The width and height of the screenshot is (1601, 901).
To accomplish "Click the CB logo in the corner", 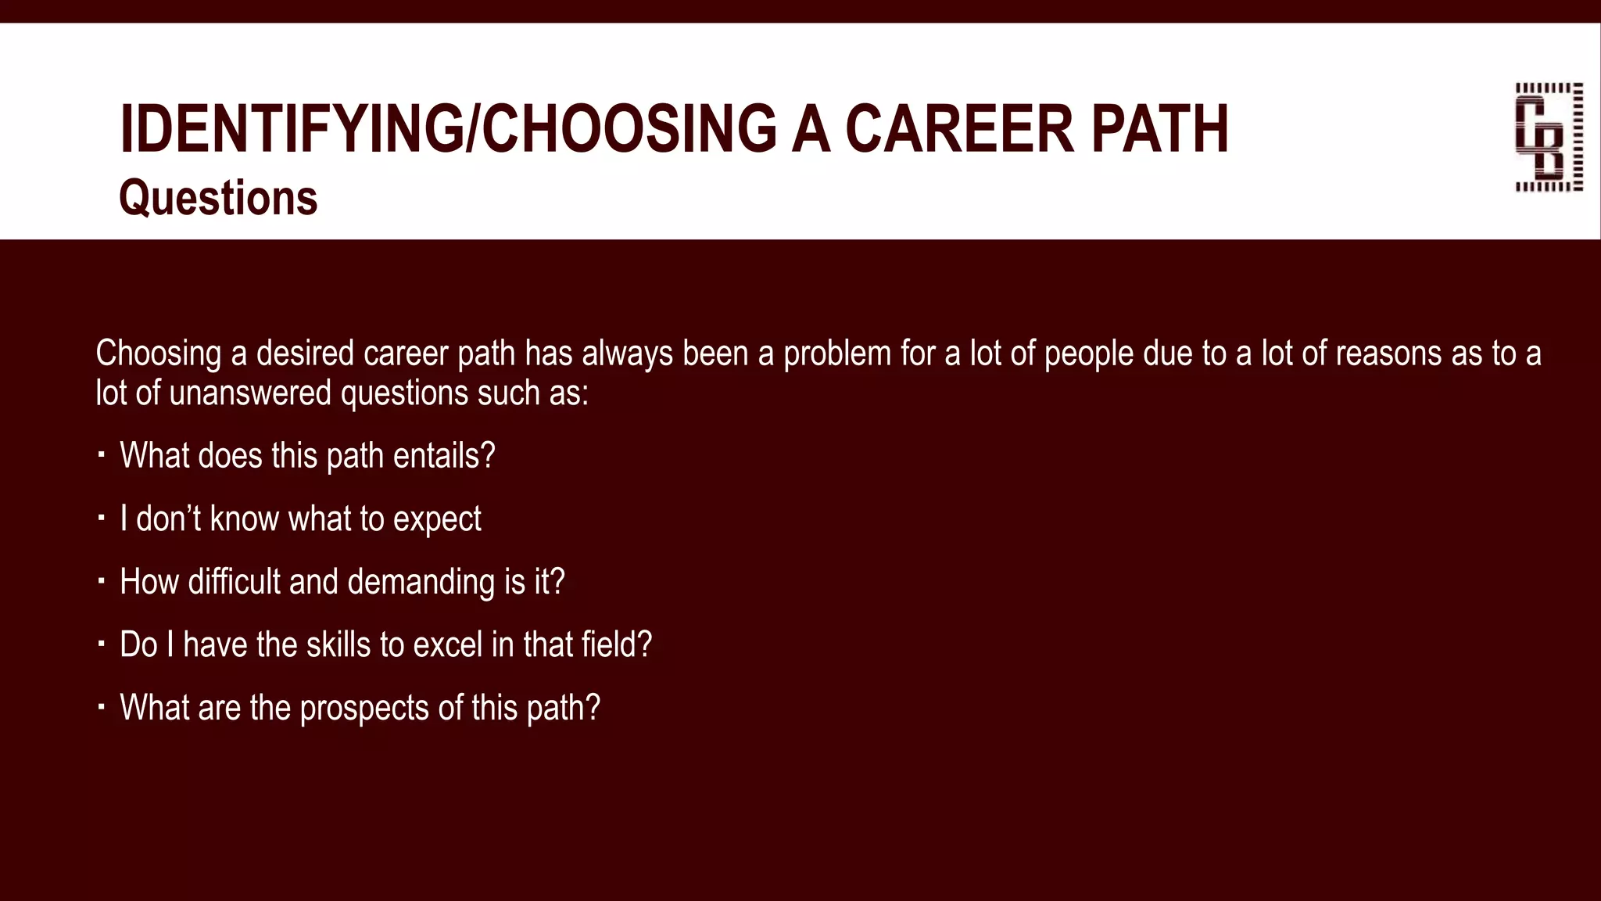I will point(1549,137).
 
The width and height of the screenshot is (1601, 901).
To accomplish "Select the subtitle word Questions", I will point(218,198).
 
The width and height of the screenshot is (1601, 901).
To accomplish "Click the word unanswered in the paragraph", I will point(250,393).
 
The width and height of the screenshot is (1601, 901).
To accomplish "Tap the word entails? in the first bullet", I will point(444,456).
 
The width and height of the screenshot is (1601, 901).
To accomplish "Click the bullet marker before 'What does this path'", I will point(101,454).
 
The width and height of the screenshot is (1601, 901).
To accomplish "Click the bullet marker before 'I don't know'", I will point(101,518).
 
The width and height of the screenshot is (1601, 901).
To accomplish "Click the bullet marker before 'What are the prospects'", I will point(101,707).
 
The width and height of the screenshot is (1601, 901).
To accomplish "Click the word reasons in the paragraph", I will point(1388,354).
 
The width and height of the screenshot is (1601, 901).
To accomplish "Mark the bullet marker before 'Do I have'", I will point(101,644).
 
